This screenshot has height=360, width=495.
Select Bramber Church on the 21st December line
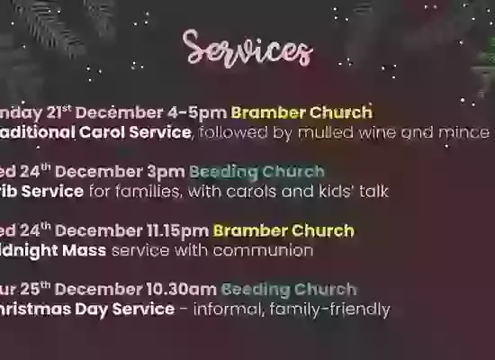click(x=301, y=113)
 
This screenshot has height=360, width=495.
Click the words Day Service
click(x=128, y=310)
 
